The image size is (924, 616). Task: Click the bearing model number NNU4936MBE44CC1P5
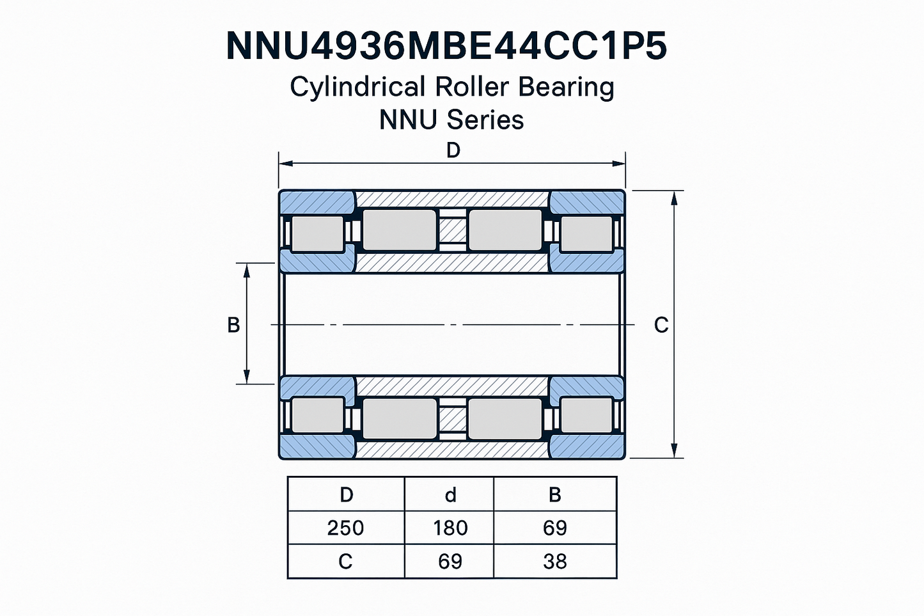447,47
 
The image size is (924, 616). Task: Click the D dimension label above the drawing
453,150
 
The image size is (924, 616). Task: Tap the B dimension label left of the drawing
233,325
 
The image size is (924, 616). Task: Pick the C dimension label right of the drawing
661,325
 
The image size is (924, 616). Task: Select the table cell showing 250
345,528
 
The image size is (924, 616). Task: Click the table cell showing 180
450,528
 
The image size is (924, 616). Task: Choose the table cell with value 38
554,561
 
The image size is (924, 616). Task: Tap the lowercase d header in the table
450,494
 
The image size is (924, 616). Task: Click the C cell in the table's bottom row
345,561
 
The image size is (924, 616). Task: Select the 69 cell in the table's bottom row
450,561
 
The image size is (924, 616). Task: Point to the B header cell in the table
554,494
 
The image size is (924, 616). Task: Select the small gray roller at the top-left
317,233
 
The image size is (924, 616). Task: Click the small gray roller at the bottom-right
586,415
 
